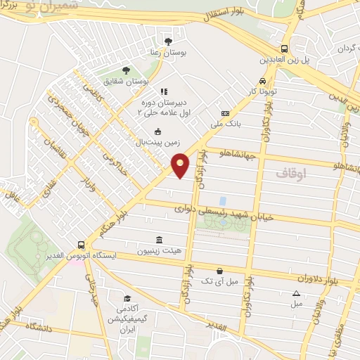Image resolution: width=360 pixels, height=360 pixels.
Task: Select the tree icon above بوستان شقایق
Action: (x=125, y=70)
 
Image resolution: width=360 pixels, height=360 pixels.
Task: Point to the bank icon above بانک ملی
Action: (x=225, y=113)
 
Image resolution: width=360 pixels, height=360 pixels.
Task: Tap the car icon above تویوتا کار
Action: (x=262, y=81)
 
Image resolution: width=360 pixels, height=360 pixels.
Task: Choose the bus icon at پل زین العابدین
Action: (x=285, y=49)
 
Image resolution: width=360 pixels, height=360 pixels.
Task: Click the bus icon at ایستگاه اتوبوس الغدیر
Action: (x=82, y=245)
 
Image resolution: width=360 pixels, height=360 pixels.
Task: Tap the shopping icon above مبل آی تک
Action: (x=220, y=271)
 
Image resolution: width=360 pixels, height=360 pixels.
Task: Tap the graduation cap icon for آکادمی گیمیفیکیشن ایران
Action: (x=127, y=297)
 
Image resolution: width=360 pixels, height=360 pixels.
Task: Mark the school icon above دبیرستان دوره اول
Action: (x=164, y=91)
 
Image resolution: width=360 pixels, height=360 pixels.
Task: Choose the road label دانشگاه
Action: (x=39, y=328)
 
